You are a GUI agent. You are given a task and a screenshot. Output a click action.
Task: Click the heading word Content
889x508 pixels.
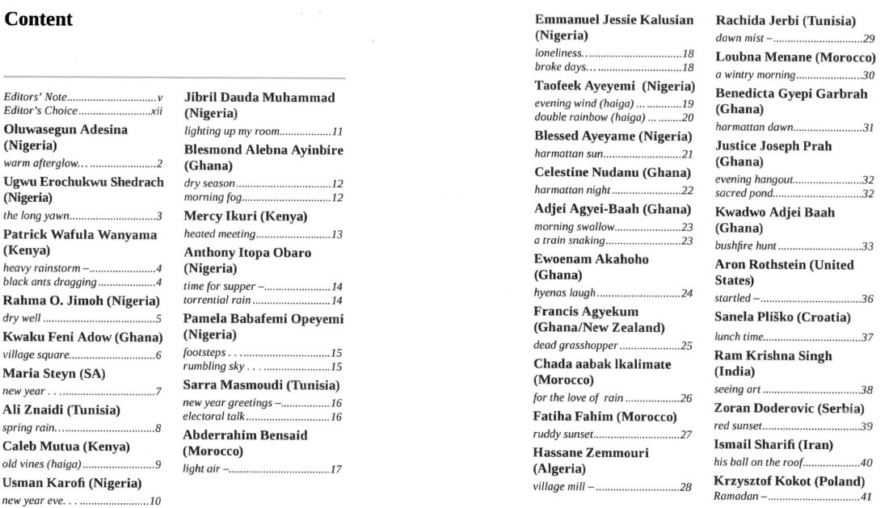tap(39, 19)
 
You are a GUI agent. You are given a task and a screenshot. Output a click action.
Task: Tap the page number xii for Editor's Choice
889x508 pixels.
tap(157, 111)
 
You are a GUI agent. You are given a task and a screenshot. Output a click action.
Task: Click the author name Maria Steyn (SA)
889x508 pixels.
tap(55, 374)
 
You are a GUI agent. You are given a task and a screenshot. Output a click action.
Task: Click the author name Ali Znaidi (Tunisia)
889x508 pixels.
tap(61, 409)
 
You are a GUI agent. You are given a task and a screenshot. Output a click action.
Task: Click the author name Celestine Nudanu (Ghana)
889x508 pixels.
tap(613, 172)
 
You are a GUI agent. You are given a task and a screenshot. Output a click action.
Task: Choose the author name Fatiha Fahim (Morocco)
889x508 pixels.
tap(605, 417)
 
